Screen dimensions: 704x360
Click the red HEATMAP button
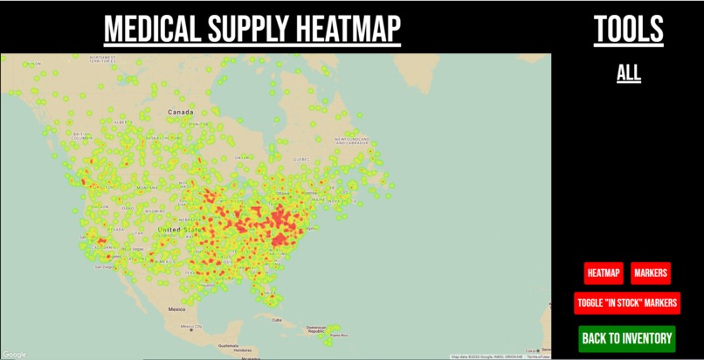click(x=604, y=273)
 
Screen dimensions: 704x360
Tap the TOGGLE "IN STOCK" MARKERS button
click(x=626, y=303)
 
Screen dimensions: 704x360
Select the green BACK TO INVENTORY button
click(x=627, y=338)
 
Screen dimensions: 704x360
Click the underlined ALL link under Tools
click(x=629, y=73)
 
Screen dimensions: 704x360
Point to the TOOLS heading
click(x=629, y=30)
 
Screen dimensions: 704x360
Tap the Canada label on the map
click(x=180, y=113)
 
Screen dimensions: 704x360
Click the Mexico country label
click(x=177, y=308)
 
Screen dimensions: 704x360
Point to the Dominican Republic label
click(x=316, y=330)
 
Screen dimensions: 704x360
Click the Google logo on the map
click(x=14, y=354)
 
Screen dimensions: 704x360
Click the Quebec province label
click(x=301, y=159)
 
